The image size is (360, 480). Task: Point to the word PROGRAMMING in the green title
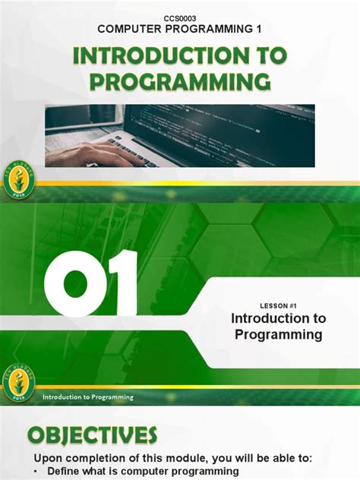[180, 82]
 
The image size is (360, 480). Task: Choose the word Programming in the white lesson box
[278, 334]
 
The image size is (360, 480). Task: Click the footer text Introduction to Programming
[88, 396]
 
